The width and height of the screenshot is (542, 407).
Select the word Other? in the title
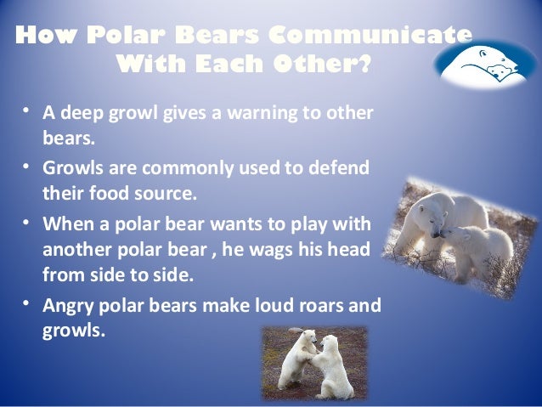click(329, 65)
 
